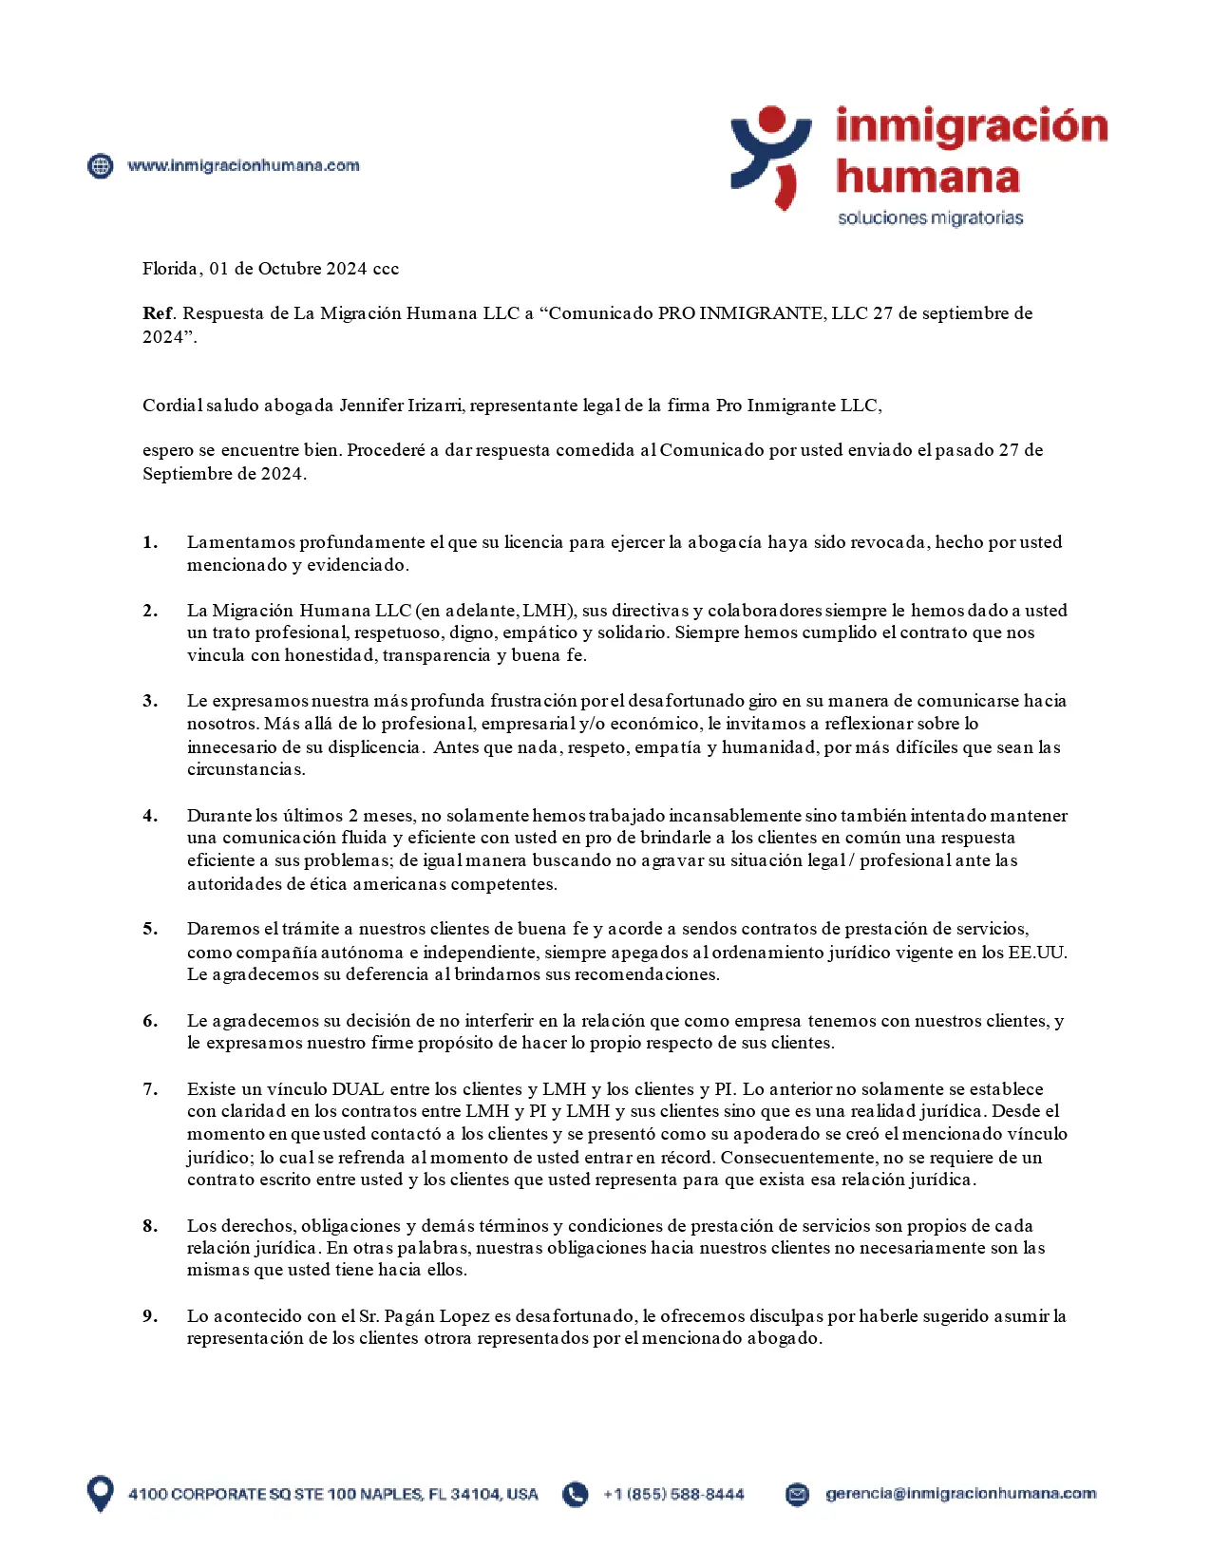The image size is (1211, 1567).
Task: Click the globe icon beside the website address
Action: coord(100,165)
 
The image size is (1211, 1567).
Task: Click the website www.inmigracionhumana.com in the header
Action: coord(243,165)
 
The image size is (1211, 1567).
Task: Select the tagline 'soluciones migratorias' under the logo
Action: coord(930,217)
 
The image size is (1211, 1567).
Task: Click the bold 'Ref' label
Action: coord(158,313)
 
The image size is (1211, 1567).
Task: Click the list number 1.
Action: coord(150,542)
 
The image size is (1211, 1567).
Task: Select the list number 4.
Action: coord(150,816)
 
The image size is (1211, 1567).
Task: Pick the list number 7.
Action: coord(150,1089)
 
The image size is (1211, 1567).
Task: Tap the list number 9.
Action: coord(150,1316)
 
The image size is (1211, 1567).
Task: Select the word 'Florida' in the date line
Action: coord(171,269)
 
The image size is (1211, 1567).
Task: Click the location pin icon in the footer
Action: coord(100,1493)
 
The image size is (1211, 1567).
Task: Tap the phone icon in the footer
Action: coord(575,1494)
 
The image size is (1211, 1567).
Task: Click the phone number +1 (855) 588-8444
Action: coord(673,1494)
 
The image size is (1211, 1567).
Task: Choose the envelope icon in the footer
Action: coord(798,1494)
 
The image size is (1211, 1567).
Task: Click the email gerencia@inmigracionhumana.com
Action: coord(960,1494)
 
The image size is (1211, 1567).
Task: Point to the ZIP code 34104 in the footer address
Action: coord(475,1494)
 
